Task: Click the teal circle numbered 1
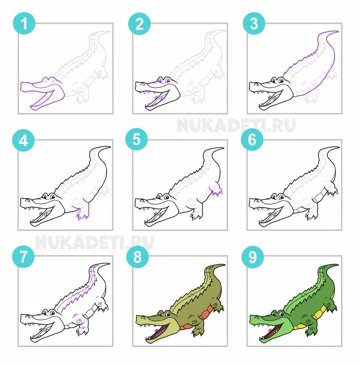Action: (24, 23)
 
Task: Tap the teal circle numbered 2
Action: (139, 24)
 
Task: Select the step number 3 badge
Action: (254, 23)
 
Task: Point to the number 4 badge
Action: (23, 140)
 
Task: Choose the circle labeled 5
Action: (136, 139)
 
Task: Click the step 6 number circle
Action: (252, 140)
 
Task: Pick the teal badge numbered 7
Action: (23, 257)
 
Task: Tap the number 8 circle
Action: (138, 257)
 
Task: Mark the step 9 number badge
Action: (253, 257)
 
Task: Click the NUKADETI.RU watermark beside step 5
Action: (236, 126)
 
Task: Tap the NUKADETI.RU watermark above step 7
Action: (94, 242)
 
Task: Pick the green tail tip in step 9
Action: (337, 265)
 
